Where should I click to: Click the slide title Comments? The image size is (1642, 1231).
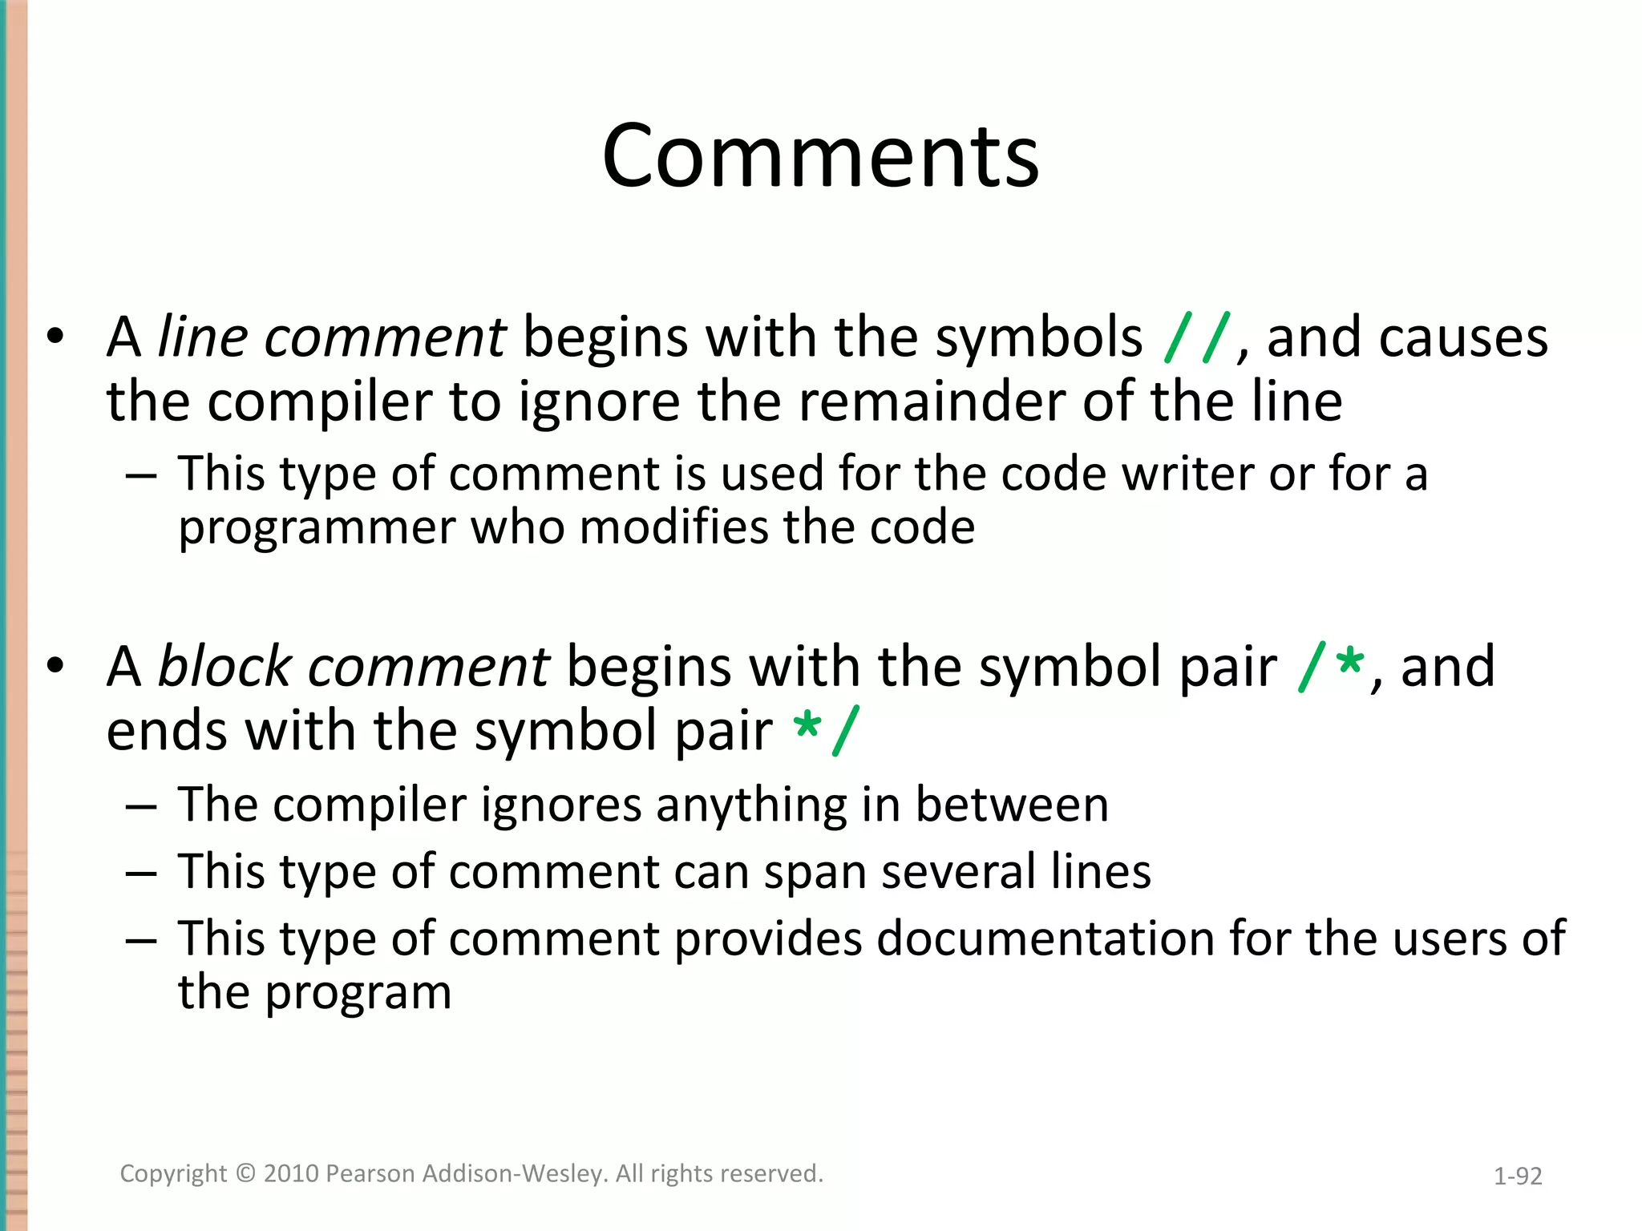(820, 156)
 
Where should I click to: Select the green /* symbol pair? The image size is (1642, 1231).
(1331, 668)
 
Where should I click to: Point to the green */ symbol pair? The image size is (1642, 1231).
(826, 731)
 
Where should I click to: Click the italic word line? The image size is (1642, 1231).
(202, 337)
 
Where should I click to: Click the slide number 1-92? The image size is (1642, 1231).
(1518, 1176)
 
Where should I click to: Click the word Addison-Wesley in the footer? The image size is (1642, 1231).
(515, 1173)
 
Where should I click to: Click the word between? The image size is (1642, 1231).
(1012, 805)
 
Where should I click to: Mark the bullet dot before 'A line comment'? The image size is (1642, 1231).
(55, 337)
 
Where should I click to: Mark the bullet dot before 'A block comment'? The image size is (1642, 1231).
(55, 666)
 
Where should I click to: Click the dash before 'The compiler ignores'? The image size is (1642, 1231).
(140, 805)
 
